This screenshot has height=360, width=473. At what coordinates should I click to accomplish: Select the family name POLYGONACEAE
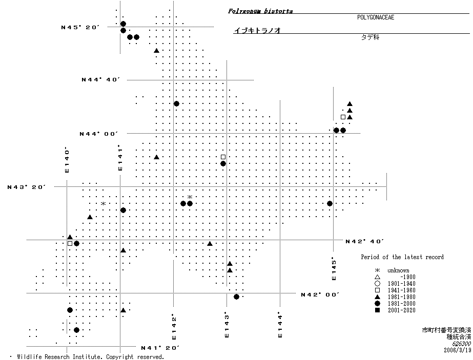(x=376, y=17)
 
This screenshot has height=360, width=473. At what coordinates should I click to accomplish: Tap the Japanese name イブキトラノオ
(x=257, y=31)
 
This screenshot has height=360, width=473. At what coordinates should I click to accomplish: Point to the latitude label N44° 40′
(x=100, y=80)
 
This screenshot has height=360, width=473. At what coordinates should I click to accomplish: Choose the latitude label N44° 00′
(x=99, y=134)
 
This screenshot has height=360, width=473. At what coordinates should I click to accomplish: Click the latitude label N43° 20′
(x=27, y=187)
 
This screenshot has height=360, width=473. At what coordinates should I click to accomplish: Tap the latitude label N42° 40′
(x=365, y=241)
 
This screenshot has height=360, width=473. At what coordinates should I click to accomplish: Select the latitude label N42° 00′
(x=321, y=294)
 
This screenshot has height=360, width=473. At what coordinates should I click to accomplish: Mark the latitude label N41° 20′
(x=160, y=348)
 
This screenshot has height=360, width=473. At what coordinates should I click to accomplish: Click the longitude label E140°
(x=67, y=160)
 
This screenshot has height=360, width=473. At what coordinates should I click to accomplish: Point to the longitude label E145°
(x=334, y=269)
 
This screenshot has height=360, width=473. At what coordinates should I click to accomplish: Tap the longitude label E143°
(x=227, y=325)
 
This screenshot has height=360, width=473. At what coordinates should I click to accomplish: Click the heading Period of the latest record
(x=402, y=257)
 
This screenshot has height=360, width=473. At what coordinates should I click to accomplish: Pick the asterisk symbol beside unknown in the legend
(x=377, y=270)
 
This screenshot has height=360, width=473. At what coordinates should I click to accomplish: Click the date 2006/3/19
(x=457, y=351)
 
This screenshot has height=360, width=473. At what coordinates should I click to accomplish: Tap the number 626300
(x=459, y=344)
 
